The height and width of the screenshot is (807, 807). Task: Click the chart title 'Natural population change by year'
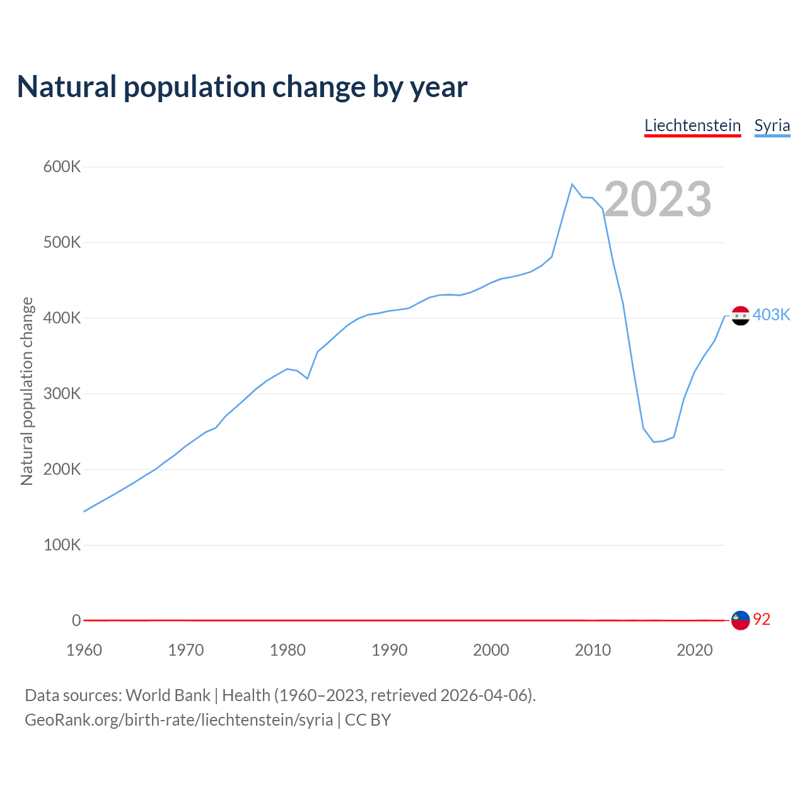coord(242,87)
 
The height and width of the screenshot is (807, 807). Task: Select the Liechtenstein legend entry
coord(692,125)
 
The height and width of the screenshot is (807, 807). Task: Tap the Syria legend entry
coord(772,125)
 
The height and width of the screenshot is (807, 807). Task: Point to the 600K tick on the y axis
coord(62,167)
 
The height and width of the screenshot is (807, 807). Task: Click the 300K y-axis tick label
coord(62,394)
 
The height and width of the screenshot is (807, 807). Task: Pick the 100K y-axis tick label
coord(62,545)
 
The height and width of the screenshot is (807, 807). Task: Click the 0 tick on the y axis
coord(76,621)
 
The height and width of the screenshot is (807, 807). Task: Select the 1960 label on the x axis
coord(84,650)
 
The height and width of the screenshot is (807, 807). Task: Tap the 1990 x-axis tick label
coord(389,650)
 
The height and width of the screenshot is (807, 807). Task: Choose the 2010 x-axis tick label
coord(593,650)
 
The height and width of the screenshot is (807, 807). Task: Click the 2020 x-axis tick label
coord(694,650)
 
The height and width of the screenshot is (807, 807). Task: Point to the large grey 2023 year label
coord(658,199)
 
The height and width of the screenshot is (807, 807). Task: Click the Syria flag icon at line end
coord(740,315)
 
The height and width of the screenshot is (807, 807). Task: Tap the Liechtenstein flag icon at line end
coord(740,620)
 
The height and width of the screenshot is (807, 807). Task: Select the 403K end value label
coord(771,315)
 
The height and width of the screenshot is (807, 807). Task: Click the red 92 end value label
coord(762,620)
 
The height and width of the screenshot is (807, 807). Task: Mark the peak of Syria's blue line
coord(572,184)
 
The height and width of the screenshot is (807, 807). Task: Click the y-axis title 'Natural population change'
coord(26,392)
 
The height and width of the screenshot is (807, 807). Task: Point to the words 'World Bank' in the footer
coord(168,695)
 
